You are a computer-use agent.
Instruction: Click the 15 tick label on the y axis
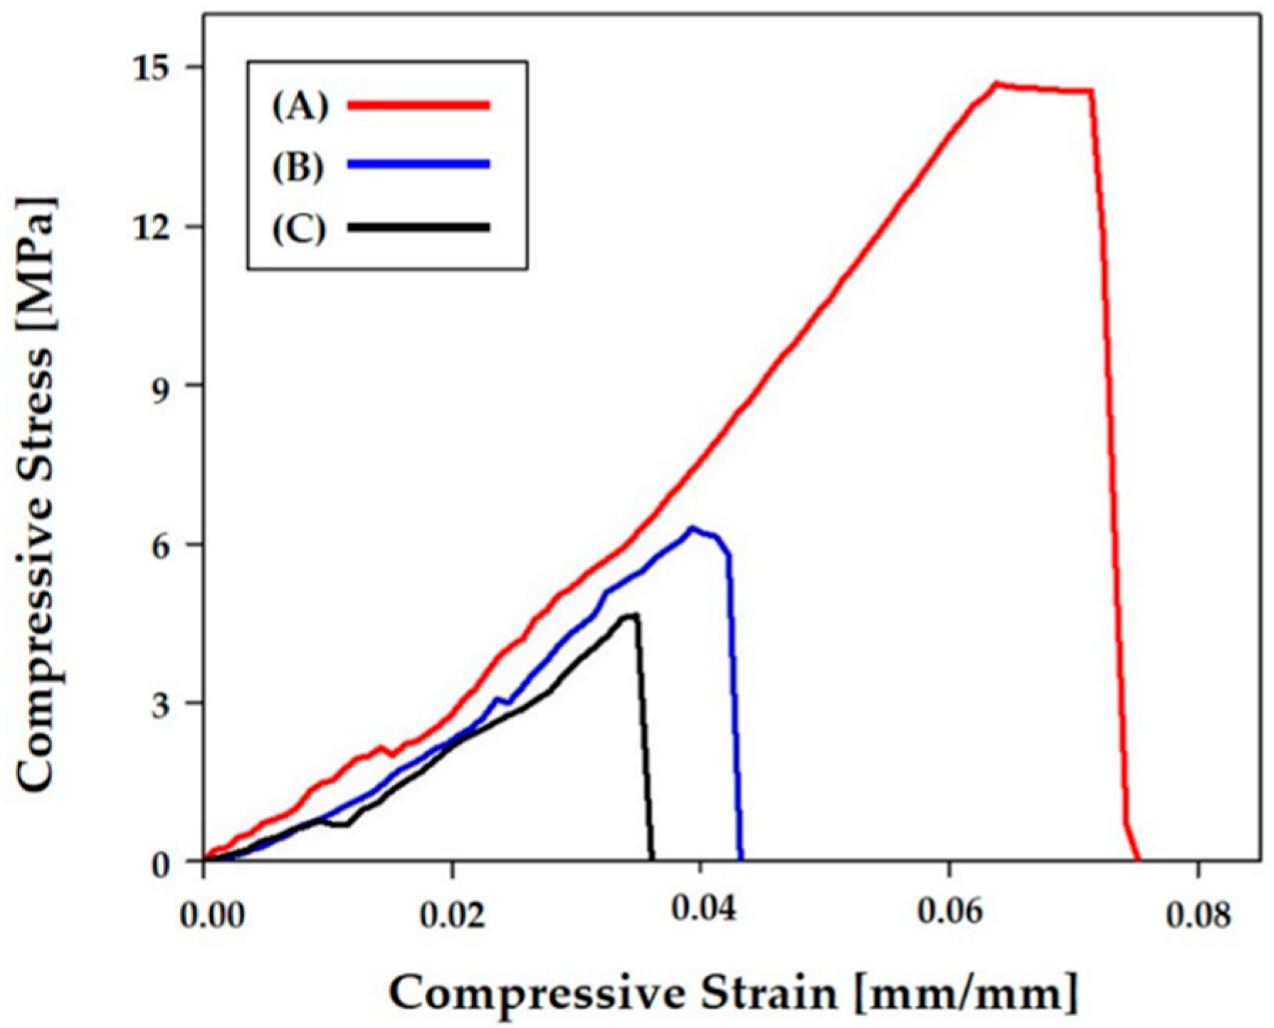[164, 68]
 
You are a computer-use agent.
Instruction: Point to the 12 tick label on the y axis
[164, 227]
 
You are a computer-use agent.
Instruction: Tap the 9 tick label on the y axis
[173, 386]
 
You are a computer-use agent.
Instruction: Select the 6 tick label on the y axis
[173, 545]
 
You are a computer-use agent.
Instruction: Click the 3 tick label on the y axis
[173, 703]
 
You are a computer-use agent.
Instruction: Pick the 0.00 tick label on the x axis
[213, 916]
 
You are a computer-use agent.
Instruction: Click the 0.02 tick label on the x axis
[452, 916]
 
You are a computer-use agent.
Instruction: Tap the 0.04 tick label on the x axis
[701, 916]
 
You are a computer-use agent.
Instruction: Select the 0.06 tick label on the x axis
[949, 916]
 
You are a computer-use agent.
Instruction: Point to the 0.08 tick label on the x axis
[1198, 916]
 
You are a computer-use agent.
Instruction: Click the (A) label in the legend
[300, 105]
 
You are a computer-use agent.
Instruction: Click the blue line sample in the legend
[418, 164]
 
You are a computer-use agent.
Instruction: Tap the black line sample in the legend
[418, 228]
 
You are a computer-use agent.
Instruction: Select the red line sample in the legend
[418, 105]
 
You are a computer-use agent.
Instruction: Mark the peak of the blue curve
[691, 528]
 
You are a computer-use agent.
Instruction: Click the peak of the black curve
[636, 614]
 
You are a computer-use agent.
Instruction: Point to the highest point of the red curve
[997, 83]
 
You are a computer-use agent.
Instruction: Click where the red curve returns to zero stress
[1139, 860]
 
